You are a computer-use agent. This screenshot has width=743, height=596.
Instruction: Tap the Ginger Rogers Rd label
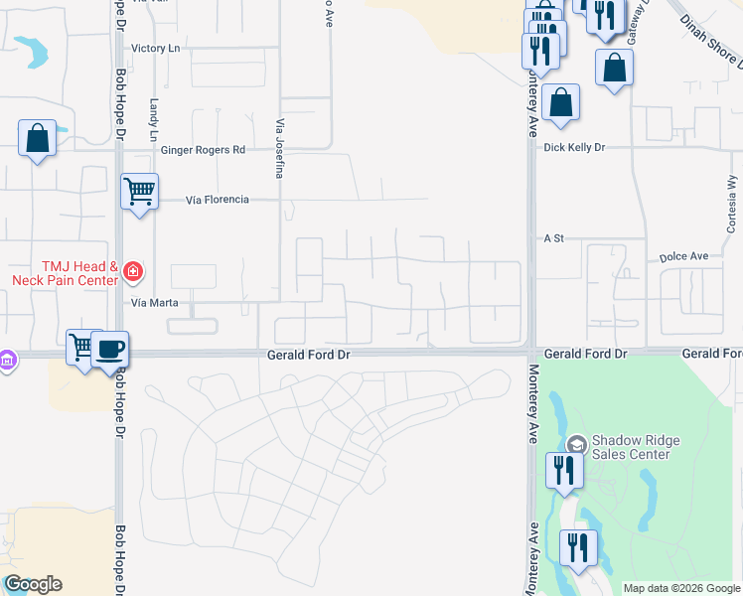[203, 150]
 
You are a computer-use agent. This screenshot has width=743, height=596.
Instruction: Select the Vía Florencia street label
[218, 200]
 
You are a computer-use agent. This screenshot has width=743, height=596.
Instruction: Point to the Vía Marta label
[152, 301]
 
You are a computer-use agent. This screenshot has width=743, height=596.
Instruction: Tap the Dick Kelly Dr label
[574, 147]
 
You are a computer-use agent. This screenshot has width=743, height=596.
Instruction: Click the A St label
[553, 238]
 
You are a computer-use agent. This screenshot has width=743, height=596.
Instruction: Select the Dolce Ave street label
[683, 256]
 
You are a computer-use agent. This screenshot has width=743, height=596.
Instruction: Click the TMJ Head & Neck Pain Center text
[65, 273]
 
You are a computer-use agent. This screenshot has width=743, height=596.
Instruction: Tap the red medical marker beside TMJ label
[133, 270]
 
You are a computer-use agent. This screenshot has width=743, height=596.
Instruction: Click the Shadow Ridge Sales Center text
[631, 447]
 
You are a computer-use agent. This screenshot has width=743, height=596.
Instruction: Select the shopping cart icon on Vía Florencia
[139, 190]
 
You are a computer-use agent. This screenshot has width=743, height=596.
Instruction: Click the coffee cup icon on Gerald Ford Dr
[110, 349]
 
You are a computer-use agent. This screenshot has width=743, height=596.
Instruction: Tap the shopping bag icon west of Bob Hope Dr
[37, 138]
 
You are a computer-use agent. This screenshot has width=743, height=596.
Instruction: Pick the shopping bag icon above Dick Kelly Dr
[561, 102]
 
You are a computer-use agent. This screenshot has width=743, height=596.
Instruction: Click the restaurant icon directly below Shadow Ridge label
[564, 471]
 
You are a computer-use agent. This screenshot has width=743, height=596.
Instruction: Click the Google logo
[33, 584]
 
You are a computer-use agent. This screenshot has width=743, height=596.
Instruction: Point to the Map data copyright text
[681, 588]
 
